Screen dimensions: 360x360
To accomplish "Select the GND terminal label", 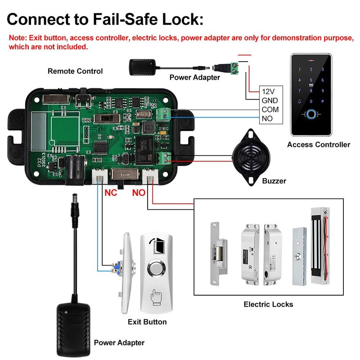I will pos(269,100).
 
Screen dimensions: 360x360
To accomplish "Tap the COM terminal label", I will pos(270,109).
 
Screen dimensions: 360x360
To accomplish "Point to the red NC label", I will pos(111,192).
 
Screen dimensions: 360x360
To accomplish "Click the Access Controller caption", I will pos(319,144).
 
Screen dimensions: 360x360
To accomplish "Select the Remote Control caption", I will pos(75,71).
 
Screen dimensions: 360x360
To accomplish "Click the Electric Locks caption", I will pos(268,304).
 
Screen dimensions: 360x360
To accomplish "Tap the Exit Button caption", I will pos(147,322).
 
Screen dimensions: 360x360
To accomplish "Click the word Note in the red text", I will pos(17,38).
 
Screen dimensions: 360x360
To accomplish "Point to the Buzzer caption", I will pos(274,181).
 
